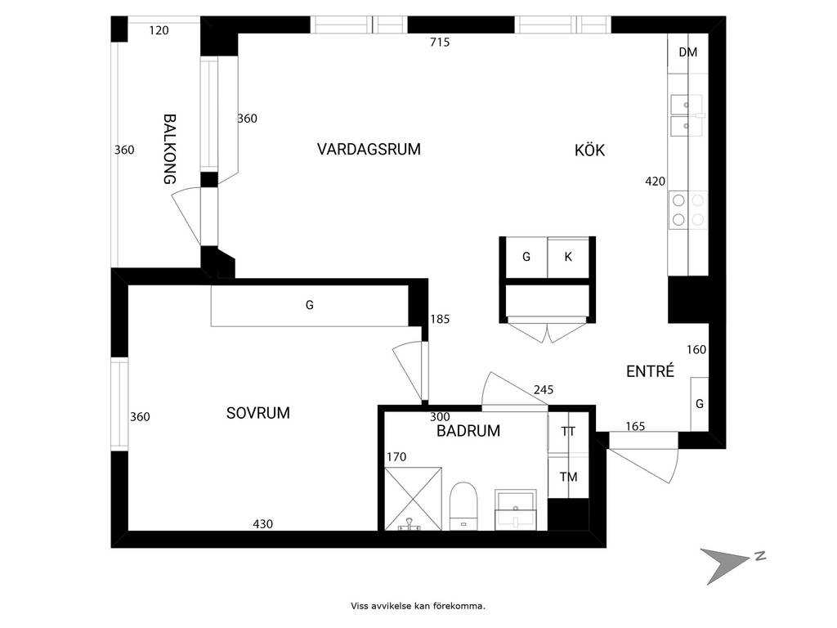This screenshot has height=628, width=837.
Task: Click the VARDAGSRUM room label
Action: (x=369, y=149)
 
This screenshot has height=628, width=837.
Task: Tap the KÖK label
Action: (x=589, y=150)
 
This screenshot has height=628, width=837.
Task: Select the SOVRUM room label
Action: (x=257, y=413)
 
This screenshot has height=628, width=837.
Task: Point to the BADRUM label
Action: (x=468, y=431)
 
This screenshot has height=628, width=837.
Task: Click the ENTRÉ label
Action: (x=650, y=371)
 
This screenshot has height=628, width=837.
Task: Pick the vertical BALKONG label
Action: (x=170, y=149)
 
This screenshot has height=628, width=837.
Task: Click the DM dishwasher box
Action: (x=688, y=53)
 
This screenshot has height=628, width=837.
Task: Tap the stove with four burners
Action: (x=688, y=210)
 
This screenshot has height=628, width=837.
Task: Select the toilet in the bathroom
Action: (x=463, y=506)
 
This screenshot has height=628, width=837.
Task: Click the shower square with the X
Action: (x=413, y=499)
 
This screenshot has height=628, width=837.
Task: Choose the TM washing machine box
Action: (x=569, y=477)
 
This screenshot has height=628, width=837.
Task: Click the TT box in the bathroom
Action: (x=569, y=432)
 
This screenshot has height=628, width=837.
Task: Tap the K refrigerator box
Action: (x=568, y=258)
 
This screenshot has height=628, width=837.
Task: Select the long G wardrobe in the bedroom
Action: (x=310, y=306)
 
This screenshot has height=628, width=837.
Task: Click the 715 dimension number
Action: (x=440, y=43)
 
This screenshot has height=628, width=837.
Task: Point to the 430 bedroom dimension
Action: (x=262, y=524)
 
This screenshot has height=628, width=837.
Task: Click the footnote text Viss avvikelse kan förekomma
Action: (x=418, y=606)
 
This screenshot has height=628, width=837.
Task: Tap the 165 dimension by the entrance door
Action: (x=635, y=426)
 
